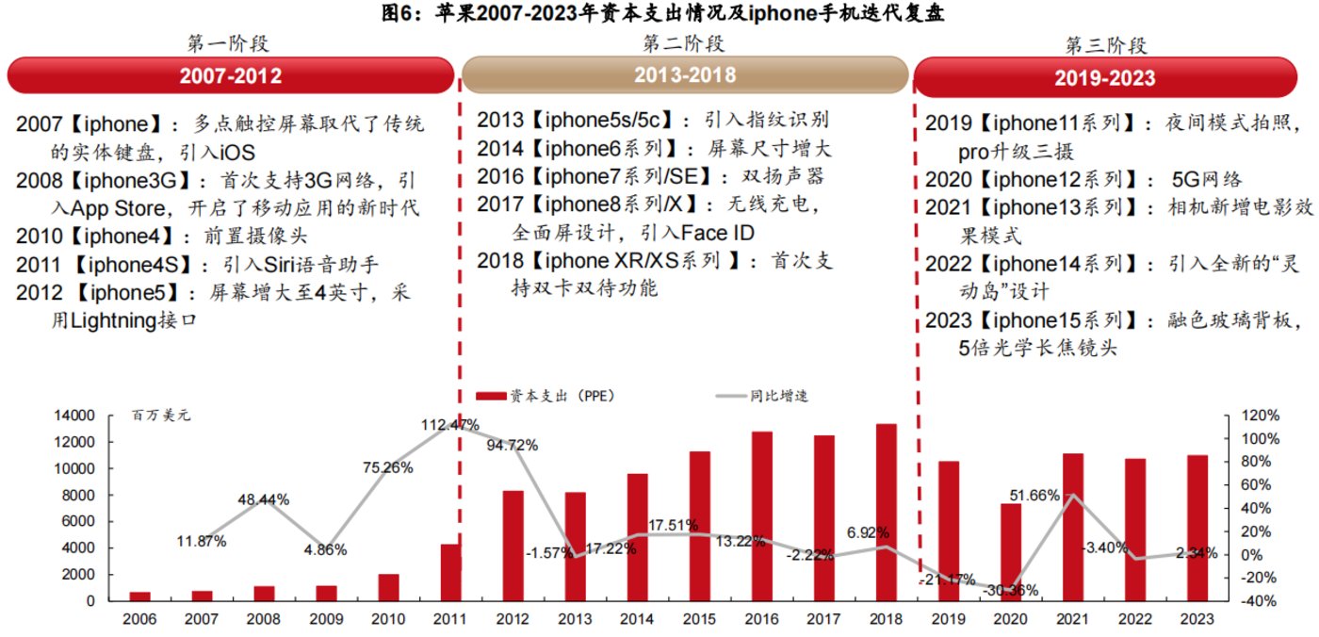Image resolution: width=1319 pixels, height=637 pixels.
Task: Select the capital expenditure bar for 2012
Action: tap(513, 546)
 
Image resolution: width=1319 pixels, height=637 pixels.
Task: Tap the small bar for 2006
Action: tap(139, 596)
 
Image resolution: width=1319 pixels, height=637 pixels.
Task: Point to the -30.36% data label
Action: tap(1010, 591)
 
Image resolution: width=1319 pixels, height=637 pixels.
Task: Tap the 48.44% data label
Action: tap(263, 499)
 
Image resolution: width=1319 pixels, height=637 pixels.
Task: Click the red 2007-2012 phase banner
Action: tap(230, 76)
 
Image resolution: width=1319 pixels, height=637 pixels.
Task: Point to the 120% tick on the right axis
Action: tap(1261, 416)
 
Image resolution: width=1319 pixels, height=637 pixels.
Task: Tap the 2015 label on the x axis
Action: tap(699, 620)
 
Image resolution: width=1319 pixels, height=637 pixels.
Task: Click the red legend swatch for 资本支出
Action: tap(490, 396)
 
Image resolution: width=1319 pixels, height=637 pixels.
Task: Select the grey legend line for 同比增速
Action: tap(730, 396)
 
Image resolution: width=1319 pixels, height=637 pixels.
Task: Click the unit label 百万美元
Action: tap(160, 416)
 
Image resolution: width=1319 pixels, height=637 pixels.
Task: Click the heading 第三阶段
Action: tap(1106, 44)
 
